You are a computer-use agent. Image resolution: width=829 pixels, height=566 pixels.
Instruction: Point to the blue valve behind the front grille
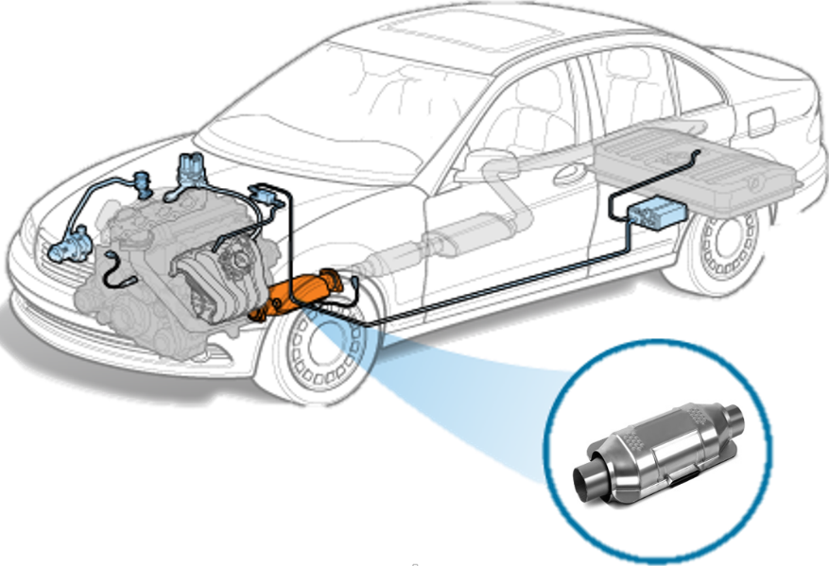pos(69,248)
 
